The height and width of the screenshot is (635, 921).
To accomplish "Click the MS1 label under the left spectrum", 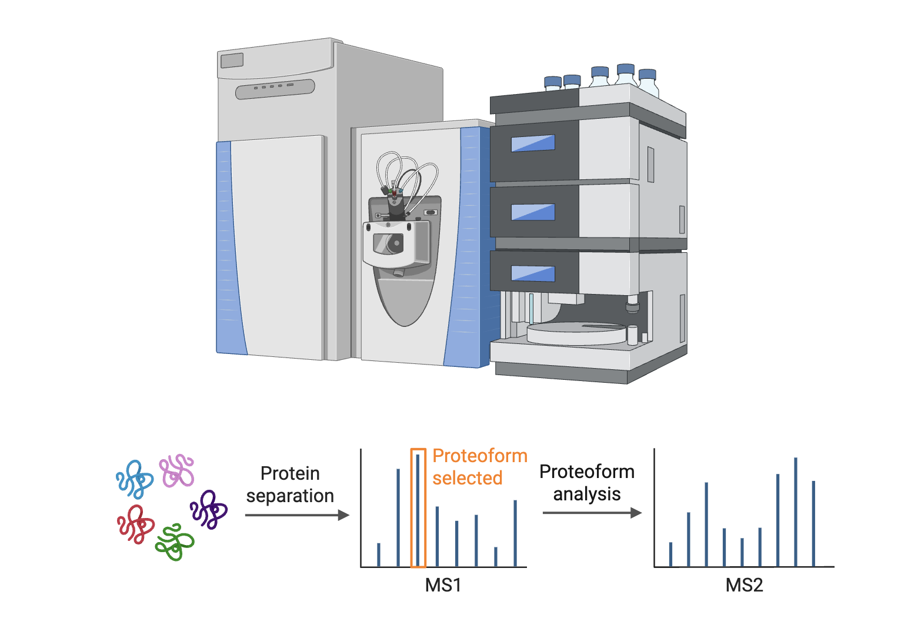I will click(443, 585).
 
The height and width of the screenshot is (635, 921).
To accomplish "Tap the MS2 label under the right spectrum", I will click(744, 585).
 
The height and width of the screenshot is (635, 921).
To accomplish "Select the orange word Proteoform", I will click(480, 456).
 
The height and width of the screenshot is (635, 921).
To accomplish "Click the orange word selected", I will click(468, 478).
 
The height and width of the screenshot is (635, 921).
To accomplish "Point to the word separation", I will click(290, 496).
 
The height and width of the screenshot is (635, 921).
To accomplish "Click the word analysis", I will click(587, 494).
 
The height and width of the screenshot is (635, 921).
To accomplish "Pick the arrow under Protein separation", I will click(297, 515).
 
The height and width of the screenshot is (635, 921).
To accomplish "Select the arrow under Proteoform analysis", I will click(592, 513).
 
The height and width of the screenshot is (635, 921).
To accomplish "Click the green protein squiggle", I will click(175, 542).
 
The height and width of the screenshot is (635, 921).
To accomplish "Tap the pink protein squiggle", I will click(177, 470).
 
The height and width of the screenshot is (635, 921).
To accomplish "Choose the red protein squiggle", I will click(136, 524).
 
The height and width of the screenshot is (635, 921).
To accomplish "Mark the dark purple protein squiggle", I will click(209, 509).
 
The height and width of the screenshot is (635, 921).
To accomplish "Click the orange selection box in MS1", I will click(418, 508).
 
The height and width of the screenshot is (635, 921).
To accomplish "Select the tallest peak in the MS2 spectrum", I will click(796, 512).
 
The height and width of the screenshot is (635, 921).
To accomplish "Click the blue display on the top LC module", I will click(533, 143).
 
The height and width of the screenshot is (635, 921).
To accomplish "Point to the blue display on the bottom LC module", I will click(533, 273).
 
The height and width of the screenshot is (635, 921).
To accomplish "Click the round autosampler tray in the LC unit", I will click(576, 333).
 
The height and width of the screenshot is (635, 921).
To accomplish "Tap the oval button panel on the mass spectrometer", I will click(275, 89).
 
